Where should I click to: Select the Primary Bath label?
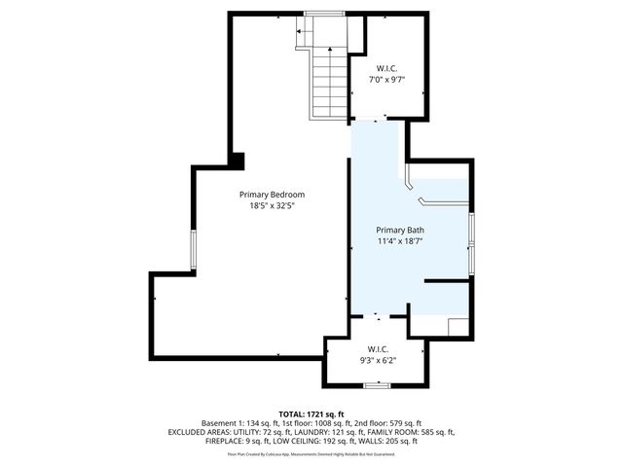click(x=399, y=230)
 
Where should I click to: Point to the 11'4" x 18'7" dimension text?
click(x=399, y=240)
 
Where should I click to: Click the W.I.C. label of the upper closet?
click(x=386, y=68)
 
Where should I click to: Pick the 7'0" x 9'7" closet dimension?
click(x=386, y=80)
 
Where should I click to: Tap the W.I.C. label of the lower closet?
click(x=378, y=349)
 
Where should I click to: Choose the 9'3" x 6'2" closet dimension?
click(x=378, y=361)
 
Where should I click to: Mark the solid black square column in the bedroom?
click(x=238, y=160)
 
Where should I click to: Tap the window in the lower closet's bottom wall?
click(x=377, y=386)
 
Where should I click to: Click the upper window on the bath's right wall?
click(x=472, y=229)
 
